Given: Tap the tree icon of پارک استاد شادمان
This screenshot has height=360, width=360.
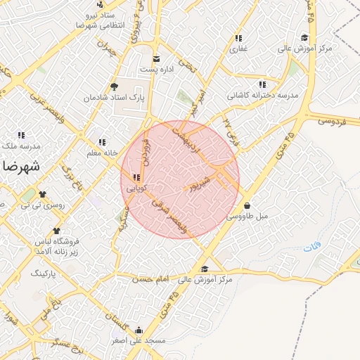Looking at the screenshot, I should click(x=114, y=86).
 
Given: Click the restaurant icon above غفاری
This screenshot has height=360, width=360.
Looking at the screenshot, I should click(x=239, y=38).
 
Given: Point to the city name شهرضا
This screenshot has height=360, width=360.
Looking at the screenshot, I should click(x=19, y=167).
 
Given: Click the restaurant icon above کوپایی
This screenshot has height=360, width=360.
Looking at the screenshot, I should click(x=136, y=177).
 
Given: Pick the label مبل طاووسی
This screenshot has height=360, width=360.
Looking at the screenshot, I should click(x=247, y=217).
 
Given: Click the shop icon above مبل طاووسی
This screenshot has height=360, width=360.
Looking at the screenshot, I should click(x=247, y=206).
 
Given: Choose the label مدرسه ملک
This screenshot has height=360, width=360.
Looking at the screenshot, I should click(x=21, y=146).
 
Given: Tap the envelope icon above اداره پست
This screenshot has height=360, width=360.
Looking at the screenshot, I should click(x=157, y=58).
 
